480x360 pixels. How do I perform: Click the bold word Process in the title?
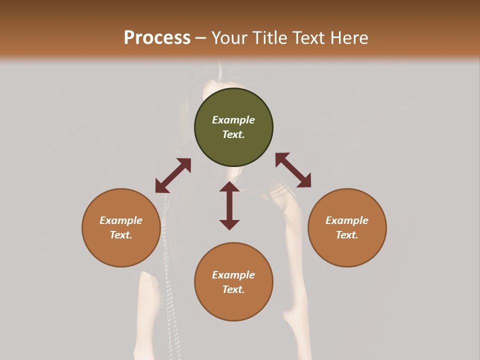[157, 38]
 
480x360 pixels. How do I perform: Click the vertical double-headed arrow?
[229, 205]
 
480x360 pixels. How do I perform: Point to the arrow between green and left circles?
[173, 175]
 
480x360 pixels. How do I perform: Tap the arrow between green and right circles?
[293, 170]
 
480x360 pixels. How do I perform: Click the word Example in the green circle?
[233, 120]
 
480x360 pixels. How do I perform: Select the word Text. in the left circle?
[121, 235]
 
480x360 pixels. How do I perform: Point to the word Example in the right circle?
[347, 220]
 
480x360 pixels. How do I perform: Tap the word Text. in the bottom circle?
[233, 289]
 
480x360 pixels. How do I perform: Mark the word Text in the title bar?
[308, 38]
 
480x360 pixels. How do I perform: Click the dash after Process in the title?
[200, 38]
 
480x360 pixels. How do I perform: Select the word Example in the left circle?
[121, 220]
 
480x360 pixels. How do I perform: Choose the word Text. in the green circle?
[233, 134]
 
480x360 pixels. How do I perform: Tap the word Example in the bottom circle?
[233, 275]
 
